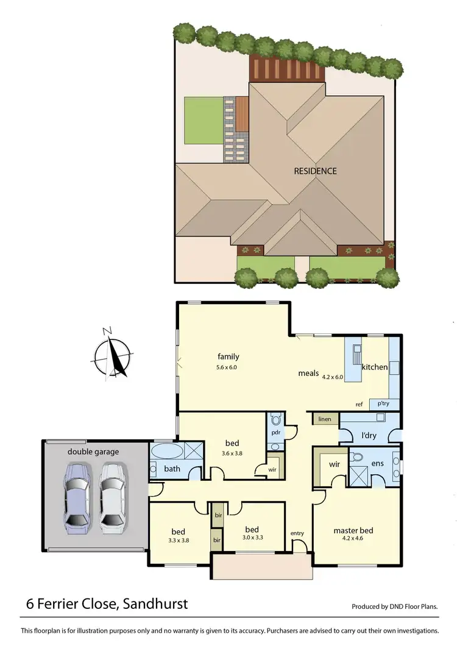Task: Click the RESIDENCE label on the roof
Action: pyautogui.click(x=315, y=171)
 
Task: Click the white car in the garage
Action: pyautogui.click(x=113, y=495)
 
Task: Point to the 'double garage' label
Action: pyautogui.click(x=93, y=452)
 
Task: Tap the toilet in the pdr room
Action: pyautogui.click(x=275, y=419)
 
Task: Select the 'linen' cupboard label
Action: pyautogui.click(x=324, y=419)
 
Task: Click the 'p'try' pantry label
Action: pyautogui.click(x=383, y=403)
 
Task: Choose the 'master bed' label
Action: pyautogui.click(x=353, y=530)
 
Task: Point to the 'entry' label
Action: pyautogui.click(x=297, y=533)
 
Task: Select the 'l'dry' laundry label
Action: pyautogui.click(x=368, y=435)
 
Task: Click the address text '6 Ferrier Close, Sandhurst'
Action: pyautogui.click(x=107, y=605)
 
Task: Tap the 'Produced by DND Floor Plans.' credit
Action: pyautogui.click(x=395, y=607)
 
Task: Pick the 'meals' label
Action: pyautogui.click(x=308, y=373)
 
